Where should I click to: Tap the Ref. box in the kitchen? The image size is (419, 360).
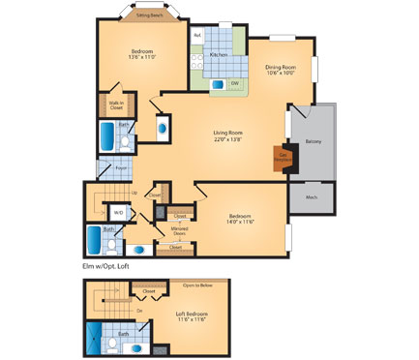click(197, 36)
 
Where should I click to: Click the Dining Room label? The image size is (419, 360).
click(280, 67)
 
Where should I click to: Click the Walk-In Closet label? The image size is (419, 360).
click(115, 106)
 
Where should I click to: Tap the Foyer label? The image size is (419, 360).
click(122, 167)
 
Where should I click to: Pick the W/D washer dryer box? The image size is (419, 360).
click(118, 212)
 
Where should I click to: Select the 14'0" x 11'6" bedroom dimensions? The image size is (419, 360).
click(241, 223)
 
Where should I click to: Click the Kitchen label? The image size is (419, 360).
click(220, 55)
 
